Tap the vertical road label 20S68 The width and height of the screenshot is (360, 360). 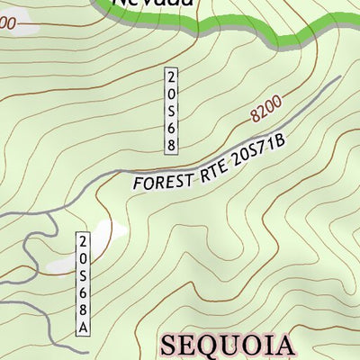click(x=170, y=110)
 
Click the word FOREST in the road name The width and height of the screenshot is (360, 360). click(x=162, y=180)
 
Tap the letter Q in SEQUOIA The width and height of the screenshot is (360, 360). click(x=214, y=346)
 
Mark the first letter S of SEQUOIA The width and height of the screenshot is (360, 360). click(x=171, y=346)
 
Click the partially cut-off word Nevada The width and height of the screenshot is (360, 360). click(x=152, y=4)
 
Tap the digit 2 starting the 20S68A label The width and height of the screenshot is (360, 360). click(x=83, y=241)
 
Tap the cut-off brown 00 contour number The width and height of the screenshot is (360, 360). click(x=7, y=25)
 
